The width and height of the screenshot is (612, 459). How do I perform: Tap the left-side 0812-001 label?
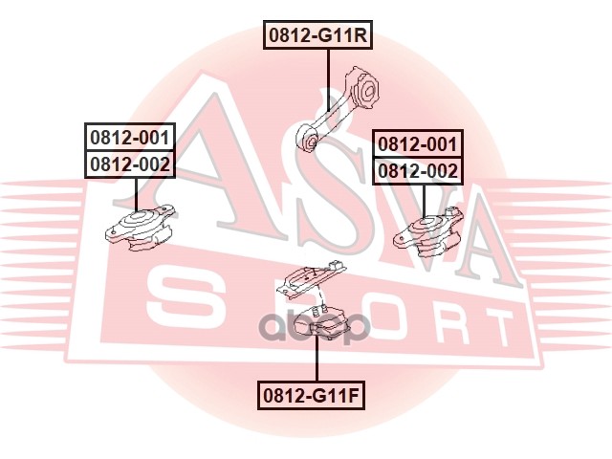click(130, 138)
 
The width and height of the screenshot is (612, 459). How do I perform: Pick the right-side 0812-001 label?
click(418, 144)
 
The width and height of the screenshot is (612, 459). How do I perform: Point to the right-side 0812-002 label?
click(418, 171)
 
